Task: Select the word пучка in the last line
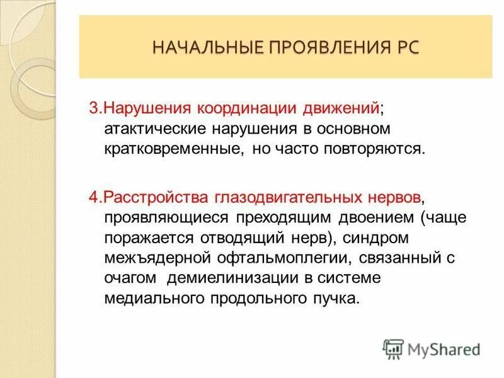pyautogui.click(x=341, y=298)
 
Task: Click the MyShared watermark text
pyautogui.click(x=444, y=348)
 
